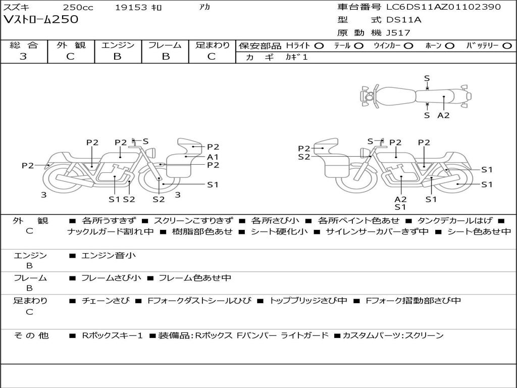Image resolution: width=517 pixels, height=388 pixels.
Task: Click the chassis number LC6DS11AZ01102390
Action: point(443,7)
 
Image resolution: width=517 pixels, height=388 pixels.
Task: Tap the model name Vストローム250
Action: point(41,19)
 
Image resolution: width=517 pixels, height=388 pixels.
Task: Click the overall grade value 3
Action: point(23,57)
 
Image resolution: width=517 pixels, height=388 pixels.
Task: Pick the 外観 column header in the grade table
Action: point(71,45)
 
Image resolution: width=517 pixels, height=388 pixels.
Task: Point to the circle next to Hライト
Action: point(319,46)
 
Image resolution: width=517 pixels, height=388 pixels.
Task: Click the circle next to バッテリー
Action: point(507,46)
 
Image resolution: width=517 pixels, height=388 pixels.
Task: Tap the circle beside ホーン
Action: point(450,46)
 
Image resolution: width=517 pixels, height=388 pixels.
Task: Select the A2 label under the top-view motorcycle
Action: point(443,115)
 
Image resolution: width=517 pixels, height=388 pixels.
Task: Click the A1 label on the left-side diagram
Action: point(213,157)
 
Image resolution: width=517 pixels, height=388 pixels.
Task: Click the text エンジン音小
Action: point(108,255)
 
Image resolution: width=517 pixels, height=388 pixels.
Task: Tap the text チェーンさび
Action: point(106,301)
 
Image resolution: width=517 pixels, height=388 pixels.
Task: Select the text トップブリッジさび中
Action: point(308,301)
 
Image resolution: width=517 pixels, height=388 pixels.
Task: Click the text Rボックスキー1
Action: point(112,335)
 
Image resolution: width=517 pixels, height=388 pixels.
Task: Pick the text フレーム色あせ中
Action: point(195,278)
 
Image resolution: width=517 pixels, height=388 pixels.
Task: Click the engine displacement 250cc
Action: point(78,7)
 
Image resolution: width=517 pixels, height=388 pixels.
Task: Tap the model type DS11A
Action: point(404,20)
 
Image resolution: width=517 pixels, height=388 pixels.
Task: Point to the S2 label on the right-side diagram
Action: point(304,157)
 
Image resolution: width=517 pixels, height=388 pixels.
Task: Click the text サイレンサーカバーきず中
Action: point(377,231)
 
